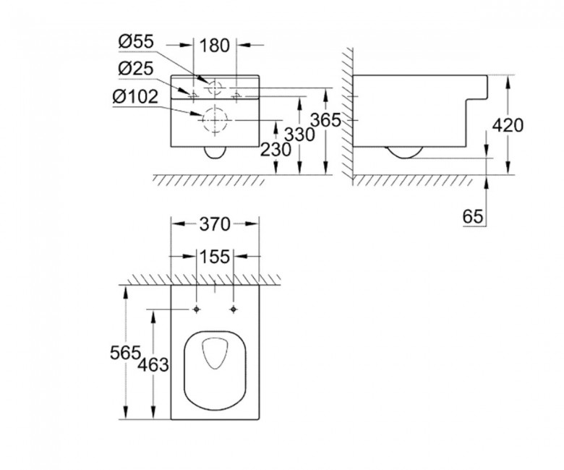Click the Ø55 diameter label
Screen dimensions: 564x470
[x=136, y=42]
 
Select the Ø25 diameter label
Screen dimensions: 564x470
[x=136, y=68]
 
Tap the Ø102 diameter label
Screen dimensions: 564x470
[x=135, y=96]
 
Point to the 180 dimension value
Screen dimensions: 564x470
[x=214, y=46]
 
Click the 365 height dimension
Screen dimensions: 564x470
[x=325, y=120]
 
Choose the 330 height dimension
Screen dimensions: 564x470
[x=299, y=134]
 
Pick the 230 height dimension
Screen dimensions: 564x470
[x=275, y=150]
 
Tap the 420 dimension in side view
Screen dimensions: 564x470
[x=508, y=126]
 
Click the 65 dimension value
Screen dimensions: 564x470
[x=473, y=217]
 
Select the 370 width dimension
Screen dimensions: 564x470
[x=215, y=224]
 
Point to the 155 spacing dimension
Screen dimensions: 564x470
[x=214, y=257]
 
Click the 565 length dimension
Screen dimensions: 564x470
[x=125, y=352]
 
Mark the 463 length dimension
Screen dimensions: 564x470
[x=153, y=365]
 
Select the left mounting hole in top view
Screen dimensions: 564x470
[x=197, y=309]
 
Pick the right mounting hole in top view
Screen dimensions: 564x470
[x=234, y=309]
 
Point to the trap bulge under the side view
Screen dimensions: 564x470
[x=405, y=158]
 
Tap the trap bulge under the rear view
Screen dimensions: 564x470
[x=215, y=158]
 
